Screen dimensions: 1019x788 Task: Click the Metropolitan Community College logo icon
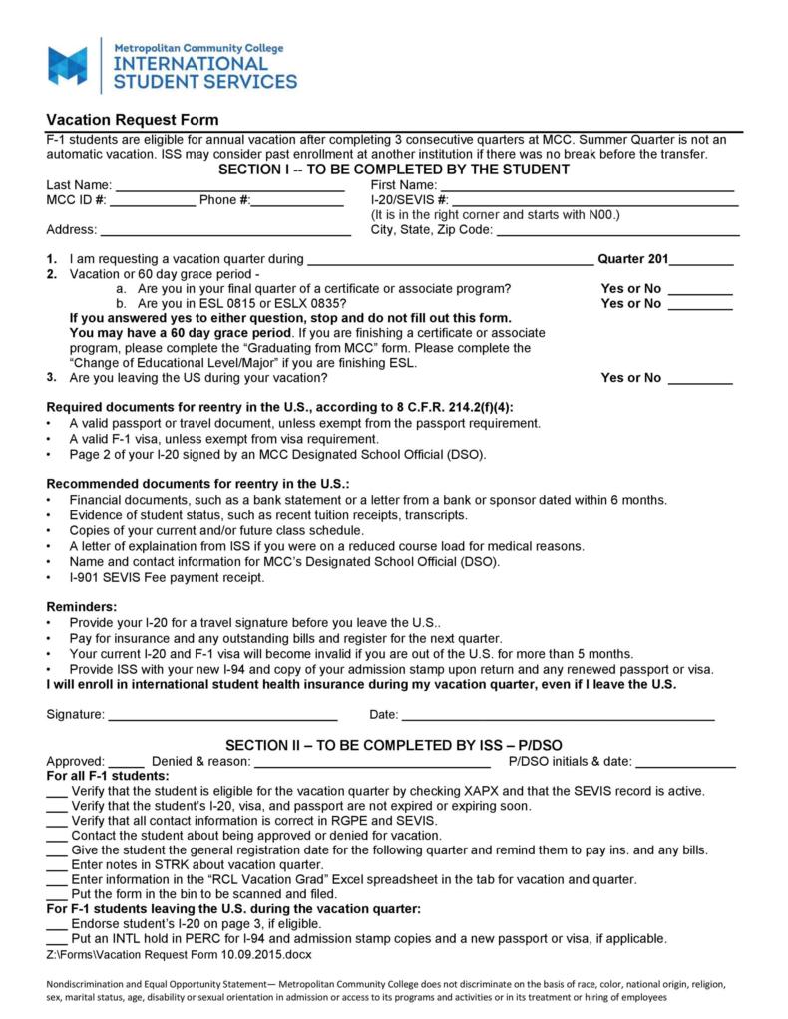[68, 65]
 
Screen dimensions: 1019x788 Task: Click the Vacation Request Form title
[132, 120]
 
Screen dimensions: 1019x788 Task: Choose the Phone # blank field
[297, 201]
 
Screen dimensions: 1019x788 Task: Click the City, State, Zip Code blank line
[617, 231]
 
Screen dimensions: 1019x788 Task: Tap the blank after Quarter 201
[701, 261]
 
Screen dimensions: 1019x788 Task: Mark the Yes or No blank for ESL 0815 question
[699, 305]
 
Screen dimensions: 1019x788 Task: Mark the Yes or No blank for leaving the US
[699, 379]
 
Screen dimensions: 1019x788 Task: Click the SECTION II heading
[393, 746]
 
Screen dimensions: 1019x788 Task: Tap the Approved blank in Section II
[126, 763]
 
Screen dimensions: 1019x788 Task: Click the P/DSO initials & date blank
[685, 763]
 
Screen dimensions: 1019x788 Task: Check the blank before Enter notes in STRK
[57, 865]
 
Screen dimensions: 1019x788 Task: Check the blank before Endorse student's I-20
[57, 925]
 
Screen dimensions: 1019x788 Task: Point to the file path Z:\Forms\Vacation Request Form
[179, 955]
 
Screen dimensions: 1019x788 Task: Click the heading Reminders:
[82, 607]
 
